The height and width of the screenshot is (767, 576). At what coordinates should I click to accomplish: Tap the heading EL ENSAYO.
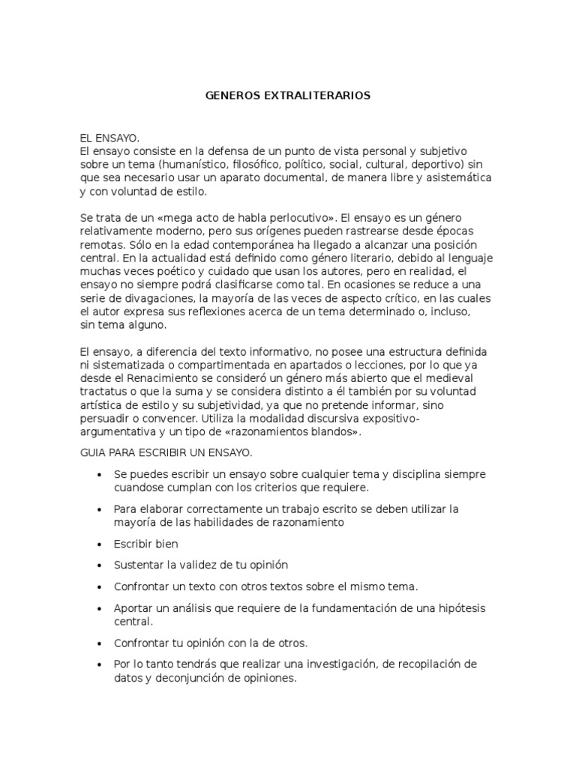(109, 139)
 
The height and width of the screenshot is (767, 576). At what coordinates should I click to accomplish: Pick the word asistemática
(455, 178)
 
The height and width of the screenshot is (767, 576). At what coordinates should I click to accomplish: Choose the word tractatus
(104, 391)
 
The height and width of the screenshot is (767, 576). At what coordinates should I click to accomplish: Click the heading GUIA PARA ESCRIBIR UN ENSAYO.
(166, 454)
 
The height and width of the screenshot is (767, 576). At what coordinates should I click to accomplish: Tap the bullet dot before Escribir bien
(100, 545)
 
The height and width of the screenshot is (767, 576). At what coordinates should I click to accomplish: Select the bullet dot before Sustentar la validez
(100, 565)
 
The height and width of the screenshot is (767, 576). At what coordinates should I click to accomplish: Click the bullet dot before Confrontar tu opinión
(100, 643)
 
